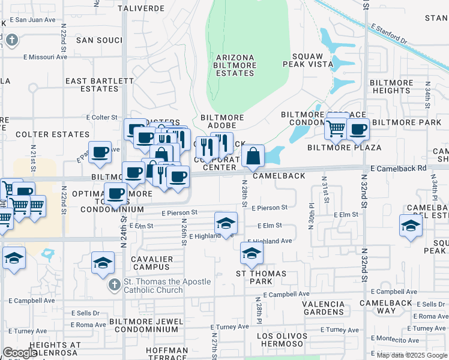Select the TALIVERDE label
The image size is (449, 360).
(x=140, y=9)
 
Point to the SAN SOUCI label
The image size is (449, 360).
(x=99, y=40)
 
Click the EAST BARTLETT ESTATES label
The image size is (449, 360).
(x=92, y=85)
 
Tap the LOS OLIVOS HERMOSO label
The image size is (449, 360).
(x=282, y=340)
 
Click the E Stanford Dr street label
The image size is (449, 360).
(x=388, y=34)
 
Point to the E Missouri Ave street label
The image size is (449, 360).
(x=45, y=58)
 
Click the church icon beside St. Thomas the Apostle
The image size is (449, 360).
(x=113, y=286)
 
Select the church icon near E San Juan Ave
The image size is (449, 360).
(x=11, y=40)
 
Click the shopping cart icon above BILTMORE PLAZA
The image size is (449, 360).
(x=336, y=128)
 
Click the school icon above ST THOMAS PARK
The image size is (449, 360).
(x=252, y=253)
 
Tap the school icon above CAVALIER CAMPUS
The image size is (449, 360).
(x=103, y=262)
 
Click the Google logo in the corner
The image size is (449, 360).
(x=19, y=353)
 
